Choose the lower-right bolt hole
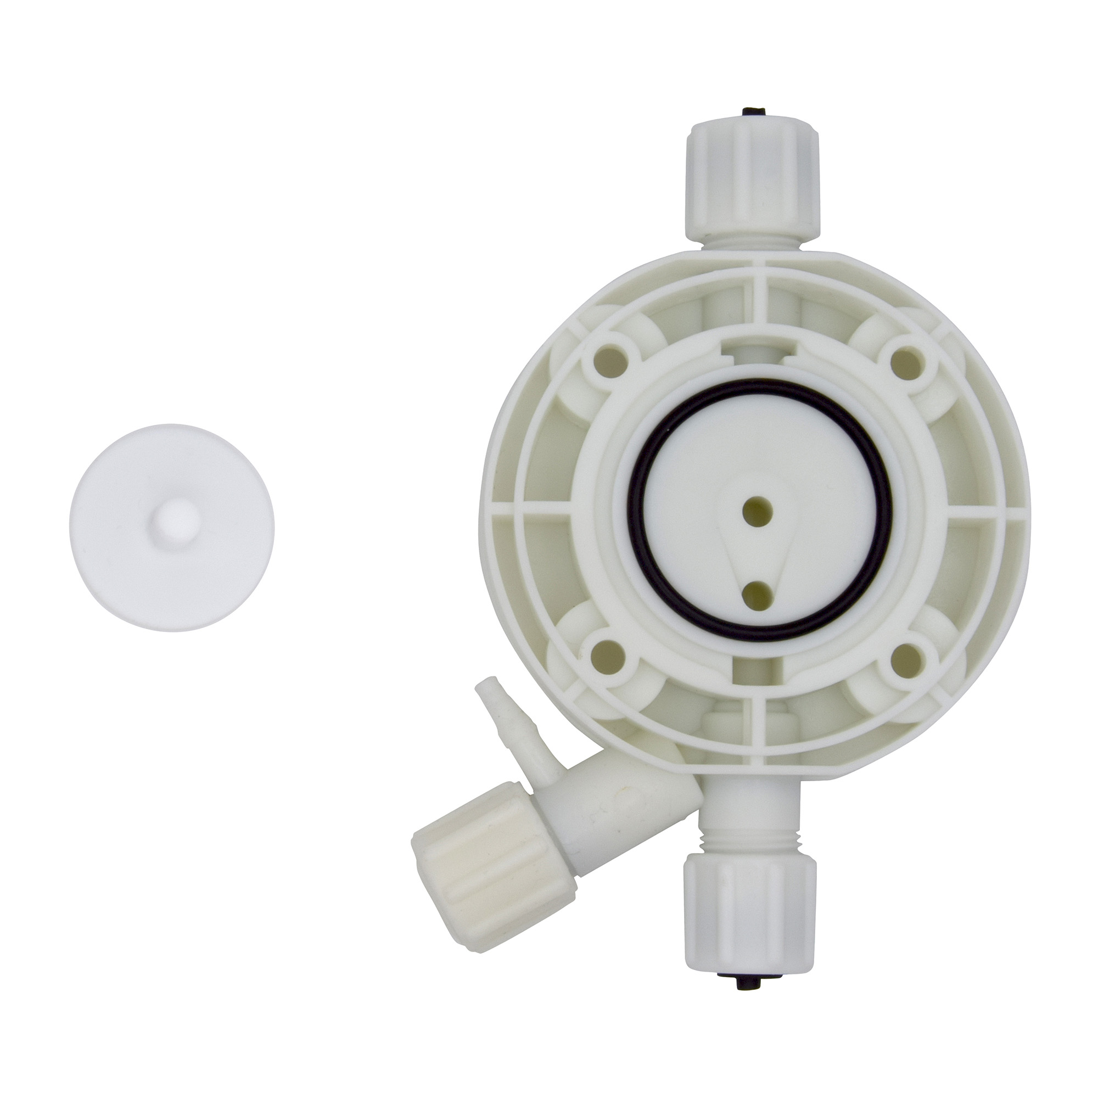click(906, 657)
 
